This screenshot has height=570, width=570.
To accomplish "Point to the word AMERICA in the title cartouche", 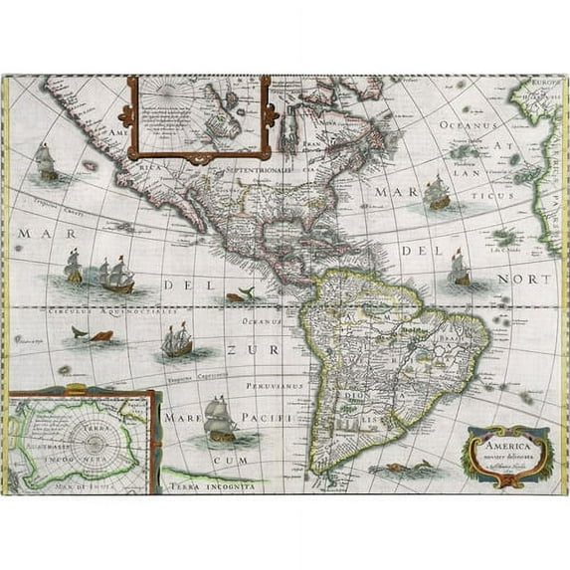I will coord(502,447).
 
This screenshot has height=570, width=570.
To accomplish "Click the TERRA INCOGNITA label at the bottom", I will coord(216,486).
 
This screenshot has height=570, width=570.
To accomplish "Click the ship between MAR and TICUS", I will coord(436,193).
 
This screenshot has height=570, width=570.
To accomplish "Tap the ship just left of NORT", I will coord(459,268).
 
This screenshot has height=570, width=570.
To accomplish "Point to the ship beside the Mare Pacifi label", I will coord(220,419).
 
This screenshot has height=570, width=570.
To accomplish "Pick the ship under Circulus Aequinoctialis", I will coord(176,342).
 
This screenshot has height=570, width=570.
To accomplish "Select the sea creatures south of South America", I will coord(410,466).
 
